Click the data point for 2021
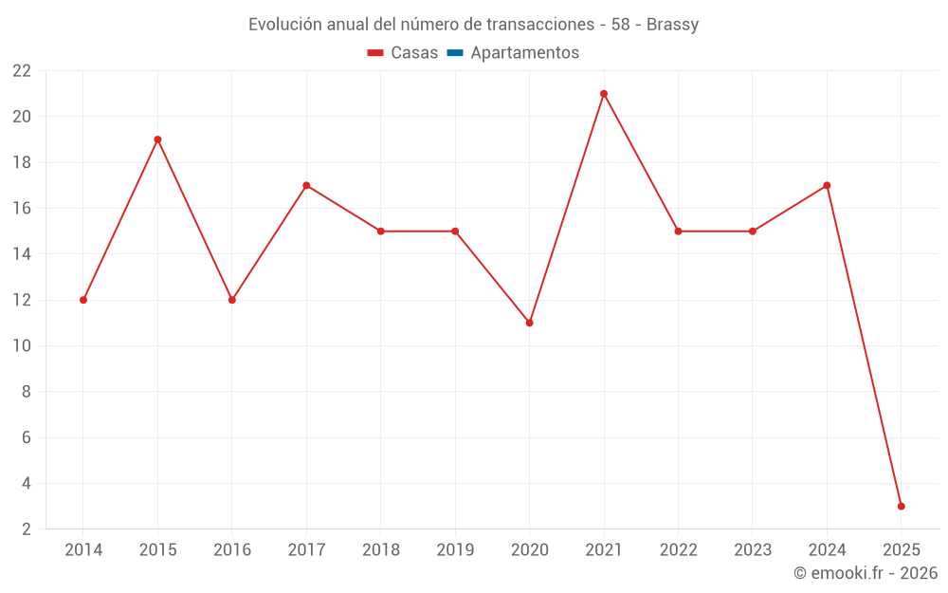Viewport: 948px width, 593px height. (604, 94)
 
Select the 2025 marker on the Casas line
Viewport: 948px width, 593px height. (901, 507)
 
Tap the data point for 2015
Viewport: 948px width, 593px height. (157, 139)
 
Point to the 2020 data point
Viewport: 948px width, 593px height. (529, 323)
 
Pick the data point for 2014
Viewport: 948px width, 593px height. (83, 300)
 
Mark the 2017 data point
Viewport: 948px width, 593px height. (306, 186)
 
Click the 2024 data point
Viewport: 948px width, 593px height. (827, 186)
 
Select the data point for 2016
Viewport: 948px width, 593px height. (232, 300)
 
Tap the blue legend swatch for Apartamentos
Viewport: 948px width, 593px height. (455, 53)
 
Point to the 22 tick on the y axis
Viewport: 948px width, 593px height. (22, 71)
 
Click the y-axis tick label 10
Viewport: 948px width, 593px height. (22, 346)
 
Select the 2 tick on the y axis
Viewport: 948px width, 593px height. (27, 529)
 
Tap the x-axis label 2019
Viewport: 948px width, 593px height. (455, 550)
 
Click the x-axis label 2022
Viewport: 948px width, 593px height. (678, 550)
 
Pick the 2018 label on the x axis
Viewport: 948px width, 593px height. (381, 550)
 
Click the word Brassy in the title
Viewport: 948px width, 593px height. (672, 25)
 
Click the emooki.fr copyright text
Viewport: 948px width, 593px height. (866, 573)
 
